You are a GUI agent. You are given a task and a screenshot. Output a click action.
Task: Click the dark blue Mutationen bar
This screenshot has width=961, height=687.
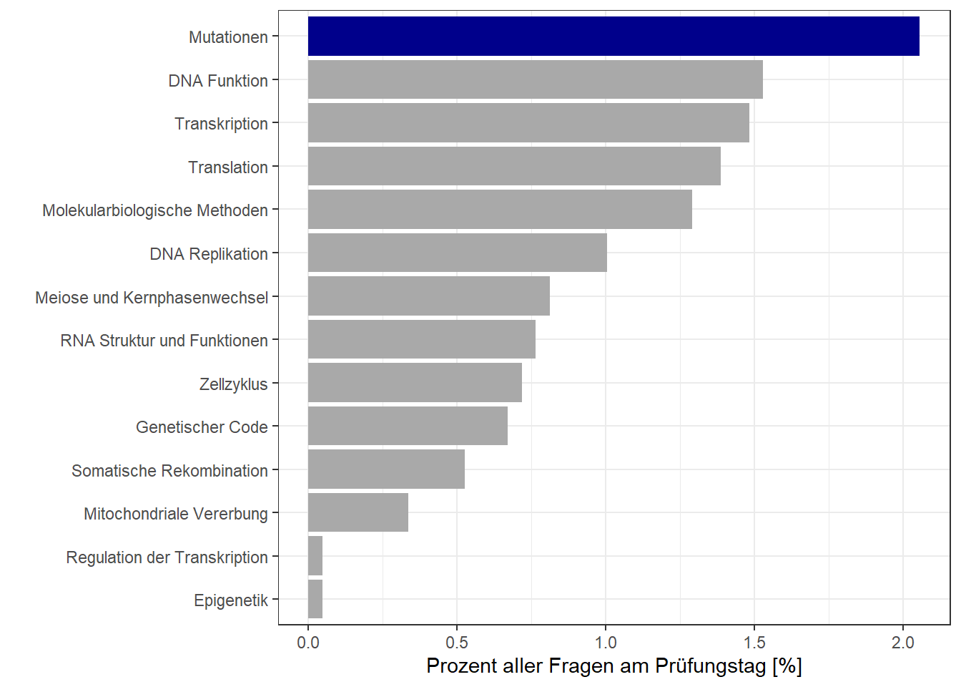tap(613, 36)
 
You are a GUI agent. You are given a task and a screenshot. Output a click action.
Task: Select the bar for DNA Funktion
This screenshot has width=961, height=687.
tap(535, 79)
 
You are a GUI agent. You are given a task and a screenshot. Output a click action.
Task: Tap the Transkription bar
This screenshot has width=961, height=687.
tap(528, 123)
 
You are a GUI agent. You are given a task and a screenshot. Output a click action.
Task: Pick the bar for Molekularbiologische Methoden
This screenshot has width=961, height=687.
tap(500, 210)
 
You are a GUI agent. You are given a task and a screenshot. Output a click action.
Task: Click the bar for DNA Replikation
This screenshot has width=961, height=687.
tap(458, 253)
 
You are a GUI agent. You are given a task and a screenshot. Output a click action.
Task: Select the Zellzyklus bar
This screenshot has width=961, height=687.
tap(415, 383)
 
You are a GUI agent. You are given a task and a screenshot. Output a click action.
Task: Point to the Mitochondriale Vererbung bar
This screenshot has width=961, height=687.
tap(358, 512)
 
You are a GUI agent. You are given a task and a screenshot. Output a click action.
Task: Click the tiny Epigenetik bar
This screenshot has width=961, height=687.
tap(315, 599)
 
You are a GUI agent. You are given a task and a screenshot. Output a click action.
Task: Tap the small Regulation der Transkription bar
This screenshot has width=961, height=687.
tap(315, 556)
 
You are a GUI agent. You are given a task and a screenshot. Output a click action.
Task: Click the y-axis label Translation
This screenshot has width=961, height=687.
tap(227, 167)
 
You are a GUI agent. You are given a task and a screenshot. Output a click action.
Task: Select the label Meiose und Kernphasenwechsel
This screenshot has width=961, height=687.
tap(152, 298)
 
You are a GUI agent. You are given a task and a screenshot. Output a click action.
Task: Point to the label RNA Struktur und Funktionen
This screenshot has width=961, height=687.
tap(164, 341)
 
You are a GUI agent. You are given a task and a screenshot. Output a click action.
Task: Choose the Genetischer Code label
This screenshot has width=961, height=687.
tap(202, 427)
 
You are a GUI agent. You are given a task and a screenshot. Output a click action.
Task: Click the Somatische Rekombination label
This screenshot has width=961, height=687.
tap(169, 471)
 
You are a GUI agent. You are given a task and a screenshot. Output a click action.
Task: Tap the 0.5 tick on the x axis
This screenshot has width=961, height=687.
tap(457, 643)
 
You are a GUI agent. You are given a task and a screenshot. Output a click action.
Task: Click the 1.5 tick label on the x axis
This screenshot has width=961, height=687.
tap(754, 643)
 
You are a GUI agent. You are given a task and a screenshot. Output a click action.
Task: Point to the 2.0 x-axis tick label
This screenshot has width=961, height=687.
tap(903, 643)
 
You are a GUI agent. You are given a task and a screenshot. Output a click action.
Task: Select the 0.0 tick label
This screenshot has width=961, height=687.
tap(308, 643)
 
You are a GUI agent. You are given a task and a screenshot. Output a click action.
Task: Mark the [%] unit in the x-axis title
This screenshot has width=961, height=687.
tap(787, 666)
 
